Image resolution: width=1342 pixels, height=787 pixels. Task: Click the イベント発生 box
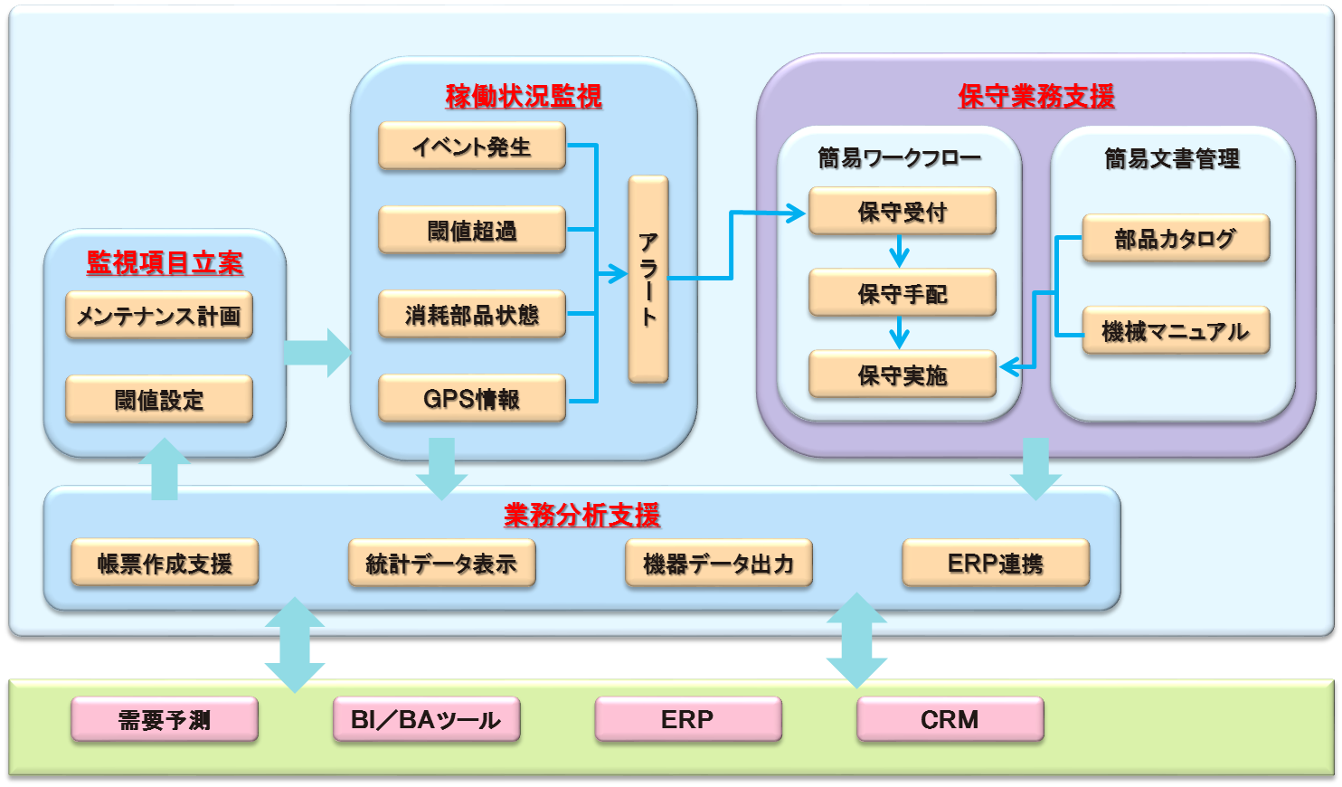pyautogui.click(x=472, y=146)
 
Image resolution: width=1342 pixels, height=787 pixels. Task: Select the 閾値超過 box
pyautogui.click(x=472, y=230)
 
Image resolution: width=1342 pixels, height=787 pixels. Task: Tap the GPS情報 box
pyautogui.click(x=472, y=399)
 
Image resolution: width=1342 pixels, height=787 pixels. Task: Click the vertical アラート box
pyautogui.click(x=648, y=279)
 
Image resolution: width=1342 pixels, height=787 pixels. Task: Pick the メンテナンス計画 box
pyautogui.click(x=159, y=316)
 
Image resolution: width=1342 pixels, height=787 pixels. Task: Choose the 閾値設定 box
pyautogui.click(x=159, y=399)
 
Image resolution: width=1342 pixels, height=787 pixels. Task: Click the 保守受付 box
pyautogui.click(x=903, y=211)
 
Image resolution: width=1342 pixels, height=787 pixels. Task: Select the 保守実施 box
pyautogui.click(x=903, y=374)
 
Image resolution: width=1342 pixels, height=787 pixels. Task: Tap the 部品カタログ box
pyautogui.click(x=1176, y=238)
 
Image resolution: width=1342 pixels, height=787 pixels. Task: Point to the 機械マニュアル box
pyautogui.click(x=1176, y=330)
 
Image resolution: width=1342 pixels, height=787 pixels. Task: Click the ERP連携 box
pyautogui.click(x=996, y=563)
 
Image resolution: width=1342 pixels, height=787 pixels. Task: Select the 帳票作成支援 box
pyautogui.click(x=165, y=563)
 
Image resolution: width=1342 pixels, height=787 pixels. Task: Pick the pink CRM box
pyautogui.click(x=950, y=718)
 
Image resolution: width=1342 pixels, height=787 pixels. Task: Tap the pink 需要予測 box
pyautogui.click(x=165, y=718)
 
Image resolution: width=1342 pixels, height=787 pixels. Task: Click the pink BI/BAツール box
pyautogui.click(x=427, y=718)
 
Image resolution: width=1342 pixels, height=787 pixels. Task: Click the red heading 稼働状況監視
pyautogui.click(x=524, y=97)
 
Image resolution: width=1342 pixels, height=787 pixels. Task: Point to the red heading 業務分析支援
pyautogui.click(x=581, y=515)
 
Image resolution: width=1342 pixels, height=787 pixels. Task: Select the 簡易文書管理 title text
pyautogui.click(x=1173, y=159)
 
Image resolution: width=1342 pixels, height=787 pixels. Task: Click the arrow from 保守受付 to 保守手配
pyautogui.click(x=899, y=251)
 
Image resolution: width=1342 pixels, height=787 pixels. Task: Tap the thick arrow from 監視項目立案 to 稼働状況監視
pyautogui.click(x=317, y=353)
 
